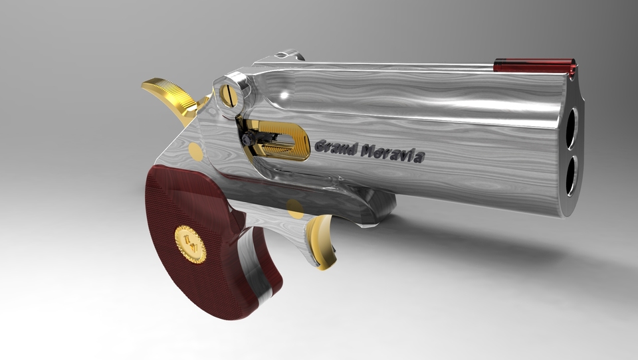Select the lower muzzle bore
pyautogui.click(x=570, y=178)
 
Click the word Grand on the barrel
pyautogui.click(x=334, y=147)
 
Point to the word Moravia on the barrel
pyautogui.click(x=392, y=154)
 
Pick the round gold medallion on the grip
pyautogui.click(x=190, y=244)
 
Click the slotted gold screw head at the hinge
pyautogui.click(x=229, y=93)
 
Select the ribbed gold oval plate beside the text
pyautogui.click(x=282, y=139)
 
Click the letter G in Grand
pyautogui.click(x=320, y=145)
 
